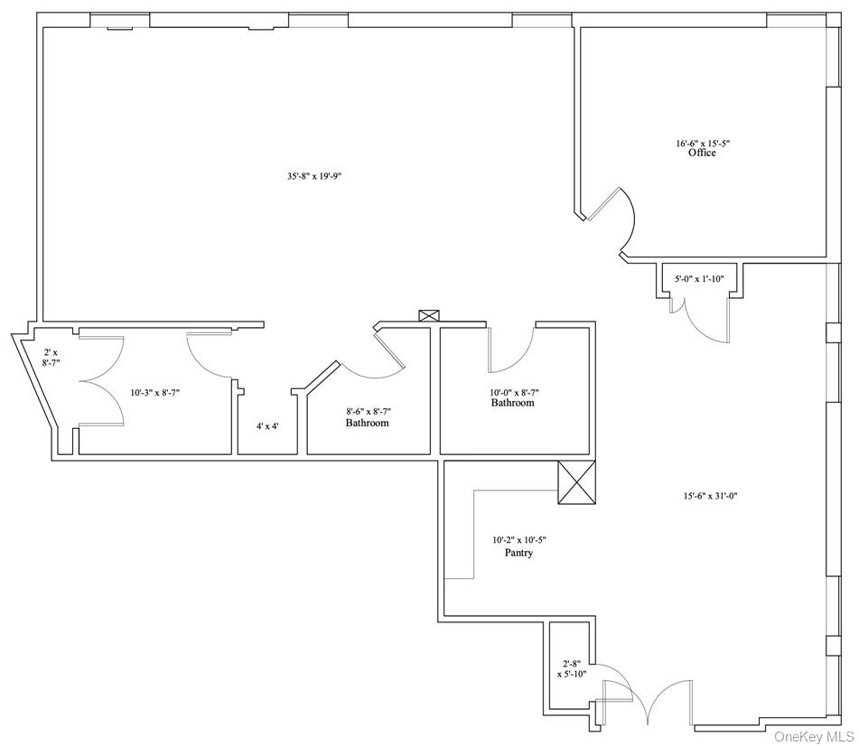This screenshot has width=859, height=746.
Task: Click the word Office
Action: [702, 153]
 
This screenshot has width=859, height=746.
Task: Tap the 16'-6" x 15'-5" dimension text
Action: [703, 144]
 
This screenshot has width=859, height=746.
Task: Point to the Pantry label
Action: [518, 553]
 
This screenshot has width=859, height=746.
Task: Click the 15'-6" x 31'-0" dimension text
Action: [711, 496]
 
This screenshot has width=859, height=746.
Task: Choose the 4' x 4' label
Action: [267, 425]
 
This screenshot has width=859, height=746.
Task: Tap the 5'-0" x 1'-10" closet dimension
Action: [699, 279]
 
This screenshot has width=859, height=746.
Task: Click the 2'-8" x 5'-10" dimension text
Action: [572, 668]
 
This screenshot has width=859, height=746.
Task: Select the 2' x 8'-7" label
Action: [51, 358]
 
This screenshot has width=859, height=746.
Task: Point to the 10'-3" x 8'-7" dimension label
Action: [155, 392]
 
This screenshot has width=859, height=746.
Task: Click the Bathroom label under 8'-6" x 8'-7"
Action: [367, 423]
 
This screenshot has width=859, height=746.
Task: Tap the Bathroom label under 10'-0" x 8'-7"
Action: [512, 403]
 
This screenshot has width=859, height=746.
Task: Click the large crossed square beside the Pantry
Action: [576, 482]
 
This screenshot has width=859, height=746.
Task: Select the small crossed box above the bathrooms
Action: [429, 315]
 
